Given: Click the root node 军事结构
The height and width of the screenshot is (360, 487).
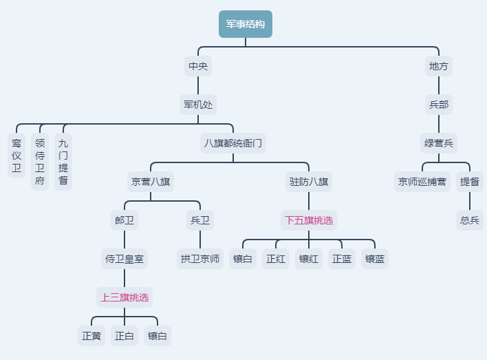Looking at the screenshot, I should click(245, 24).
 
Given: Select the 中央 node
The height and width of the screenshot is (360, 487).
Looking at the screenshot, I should click(198, 67).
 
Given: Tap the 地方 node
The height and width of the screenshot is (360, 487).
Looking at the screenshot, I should click(439, 67).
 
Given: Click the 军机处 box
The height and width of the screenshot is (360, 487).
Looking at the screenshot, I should click(198, 105).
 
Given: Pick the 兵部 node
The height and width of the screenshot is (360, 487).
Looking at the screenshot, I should click(439, 105).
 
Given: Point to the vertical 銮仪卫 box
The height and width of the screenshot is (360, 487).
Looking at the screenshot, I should click(17, 156).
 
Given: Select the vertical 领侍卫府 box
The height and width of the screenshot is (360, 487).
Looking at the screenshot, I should click(40, 162).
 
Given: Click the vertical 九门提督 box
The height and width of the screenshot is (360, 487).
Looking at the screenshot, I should click(63, 162).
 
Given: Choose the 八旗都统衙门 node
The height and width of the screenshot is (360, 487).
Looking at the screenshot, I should click(232, 144).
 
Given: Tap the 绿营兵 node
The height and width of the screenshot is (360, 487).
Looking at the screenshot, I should click(439, 144).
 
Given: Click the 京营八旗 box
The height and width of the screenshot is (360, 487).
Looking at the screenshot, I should click(151, 182).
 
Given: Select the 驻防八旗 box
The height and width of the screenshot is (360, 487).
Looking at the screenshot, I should click(308, 182).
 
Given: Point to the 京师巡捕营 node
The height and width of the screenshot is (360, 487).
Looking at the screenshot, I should click(422, 182).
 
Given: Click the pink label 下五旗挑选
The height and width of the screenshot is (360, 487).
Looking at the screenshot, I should click(308, 220).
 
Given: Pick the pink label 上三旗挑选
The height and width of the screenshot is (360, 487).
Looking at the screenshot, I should click(124, 297).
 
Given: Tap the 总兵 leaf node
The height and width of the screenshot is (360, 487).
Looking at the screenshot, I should click(470, 220).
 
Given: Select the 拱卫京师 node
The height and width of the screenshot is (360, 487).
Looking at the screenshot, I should click(200, 259).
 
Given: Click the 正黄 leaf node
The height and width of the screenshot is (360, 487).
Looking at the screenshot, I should click(91, 336).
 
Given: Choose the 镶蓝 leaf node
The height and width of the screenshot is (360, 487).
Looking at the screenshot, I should click(375, 259).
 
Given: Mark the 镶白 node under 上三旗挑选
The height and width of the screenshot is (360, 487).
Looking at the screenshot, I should click(158, 336).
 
